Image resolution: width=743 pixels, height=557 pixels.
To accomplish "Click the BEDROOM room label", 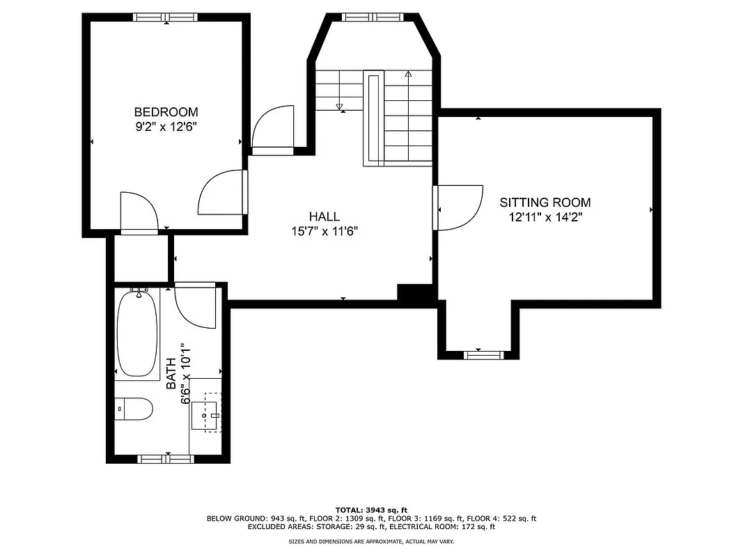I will (x=166, y=112).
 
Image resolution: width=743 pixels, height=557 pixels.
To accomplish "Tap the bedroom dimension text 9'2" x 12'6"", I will (x=166, y=127).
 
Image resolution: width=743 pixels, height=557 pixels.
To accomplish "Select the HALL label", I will (x=324, y=217).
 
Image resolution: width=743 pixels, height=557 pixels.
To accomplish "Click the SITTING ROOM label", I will (x=545, y=203).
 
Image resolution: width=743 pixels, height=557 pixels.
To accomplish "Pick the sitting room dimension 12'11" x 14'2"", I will (x=545, y=217).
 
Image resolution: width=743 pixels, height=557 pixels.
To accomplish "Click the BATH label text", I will (x=172, y=373).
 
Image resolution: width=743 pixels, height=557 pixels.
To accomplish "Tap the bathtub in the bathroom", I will (x=137, y=334).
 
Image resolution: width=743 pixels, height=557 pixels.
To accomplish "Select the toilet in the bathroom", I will (x=134, y=409).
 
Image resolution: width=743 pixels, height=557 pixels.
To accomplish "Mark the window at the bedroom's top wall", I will (x=166, y=17).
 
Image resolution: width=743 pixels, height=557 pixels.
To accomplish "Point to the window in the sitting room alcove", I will (x=483, y=355).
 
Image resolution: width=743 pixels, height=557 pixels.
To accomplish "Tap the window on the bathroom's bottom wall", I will (x=166, y=458).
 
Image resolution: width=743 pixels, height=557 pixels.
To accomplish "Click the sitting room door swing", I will (x=460, y=206).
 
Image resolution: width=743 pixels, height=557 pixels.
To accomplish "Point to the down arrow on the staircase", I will (x=340, y=107).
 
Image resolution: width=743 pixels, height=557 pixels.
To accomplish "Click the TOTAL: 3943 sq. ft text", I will (x=371, y=510).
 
